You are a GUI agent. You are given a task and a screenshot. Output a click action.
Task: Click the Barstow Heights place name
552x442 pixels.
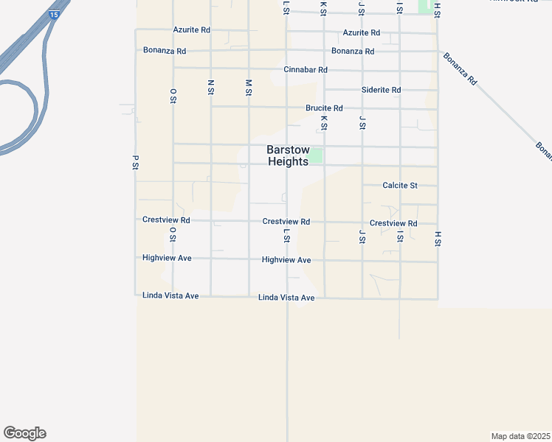click(287, 155)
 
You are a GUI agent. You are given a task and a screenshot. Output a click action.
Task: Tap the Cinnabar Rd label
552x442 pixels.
click(305, 70)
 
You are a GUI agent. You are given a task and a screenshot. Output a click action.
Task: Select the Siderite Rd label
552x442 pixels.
click(382, 90)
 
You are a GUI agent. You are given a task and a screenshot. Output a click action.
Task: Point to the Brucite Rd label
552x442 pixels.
click(324, 108)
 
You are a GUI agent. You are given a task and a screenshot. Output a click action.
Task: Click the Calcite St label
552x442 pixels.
click(400, 186)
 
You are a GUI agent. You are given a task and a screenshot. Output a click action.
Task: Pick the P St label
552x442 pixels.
click(136, 162)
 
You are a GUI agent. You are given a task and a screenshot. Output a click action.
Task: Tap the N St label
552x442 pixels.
click(211, 87)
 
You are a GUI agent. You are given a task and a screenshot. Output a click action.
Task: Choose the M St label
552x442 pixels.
click(249, 87)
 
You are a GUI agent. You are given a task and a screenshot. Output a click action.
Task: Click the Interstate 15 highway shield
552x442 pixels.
click(54, 14)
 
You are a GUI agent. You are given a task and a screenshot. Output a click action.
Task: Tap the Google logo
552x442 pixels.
click(24, 433)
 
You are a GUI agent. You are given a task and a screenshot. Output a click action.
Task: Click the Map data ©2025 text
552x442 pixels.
click(521, 435)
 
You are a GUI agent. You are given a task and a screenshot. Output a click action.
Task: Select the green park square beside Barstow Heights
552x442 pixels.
click(316, 156)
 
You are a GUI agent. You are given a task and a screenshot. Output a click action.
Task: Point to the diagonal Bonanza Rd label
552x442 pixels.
click(461, 69)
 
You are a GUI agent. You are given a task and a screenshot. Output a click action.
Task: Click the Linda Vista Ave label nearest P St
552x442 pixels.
click(170, 296)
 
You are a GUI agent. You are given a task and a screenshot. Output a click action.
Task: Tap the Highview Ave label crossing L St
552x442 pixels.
click(286, 261)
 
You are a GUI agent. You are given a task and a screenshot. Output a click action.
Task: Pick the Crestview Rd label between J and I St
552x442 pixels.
click(393, 223)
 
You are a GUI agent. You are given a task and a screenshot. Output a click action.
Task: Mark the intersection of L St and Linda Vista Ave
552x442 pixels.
click(287, 298)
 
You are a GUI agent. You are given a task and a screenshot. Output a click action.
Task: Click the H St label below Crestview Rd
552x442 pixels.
click(438, 238)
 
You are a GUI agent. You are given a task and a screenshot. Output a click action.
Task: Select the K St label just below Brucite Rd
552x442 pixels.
click(324, 122)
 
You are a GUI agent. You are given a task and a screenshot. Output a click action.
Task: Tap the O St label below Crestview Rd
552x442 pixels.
click(173, 234)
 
